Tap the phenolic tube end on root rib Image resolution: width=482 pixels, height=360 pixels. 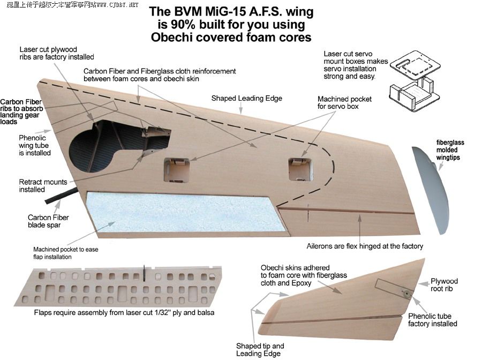[x=406, y=293]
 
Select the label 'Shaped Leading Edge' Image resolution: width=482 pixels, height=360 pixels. [x=246, y=98]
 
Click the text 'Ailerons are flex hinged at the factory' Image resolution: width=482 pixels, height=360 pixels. [x=365, y=246]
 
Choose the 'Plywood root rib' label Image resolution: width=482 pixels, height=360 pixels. [x=444, y=285]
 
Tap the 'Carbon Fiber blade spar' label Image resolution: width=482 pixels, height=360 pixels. [x=48, y=221]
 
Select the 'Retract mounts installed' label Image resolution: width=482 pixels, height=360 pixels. [x=43, y=186]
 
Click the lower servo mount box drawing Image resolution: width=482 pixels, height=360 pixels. [x=415, y=94]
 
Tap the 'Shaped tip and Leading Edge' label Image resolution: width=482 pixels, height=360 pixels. [x=260, y=349]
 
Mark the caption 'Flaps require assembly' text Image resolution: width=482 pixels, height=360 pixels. [x=124, y=312]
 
